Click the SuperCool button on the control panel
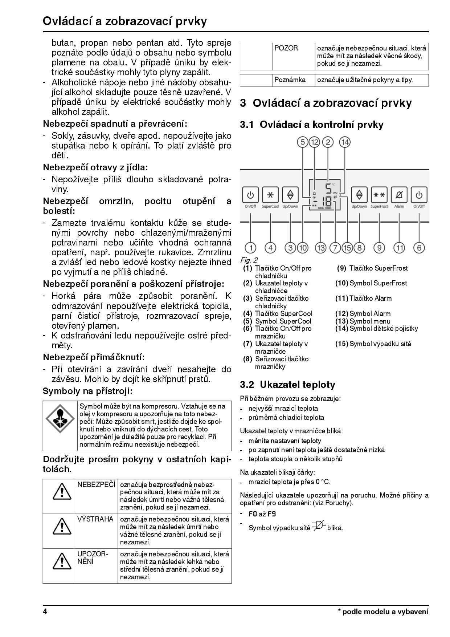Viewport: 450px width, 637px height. click(x=270, y=195)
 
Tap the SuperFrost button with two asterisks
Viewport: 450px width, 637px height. click(x=379, y=195)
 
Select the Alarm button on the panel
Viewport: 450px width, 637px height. click(x=399, y=195)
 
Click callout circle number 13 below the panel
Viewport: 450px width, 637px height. click(x=320, y=248)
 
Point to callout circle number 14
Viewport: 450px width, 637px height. click(x=344, y=142)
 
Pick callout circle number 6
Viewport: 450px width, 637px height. click(x=419, y=248)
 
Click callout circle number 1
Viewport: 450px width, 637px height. click(x=251, y=248)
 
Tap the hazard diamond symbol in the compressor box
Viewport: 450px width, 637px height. click(x=60, y=418)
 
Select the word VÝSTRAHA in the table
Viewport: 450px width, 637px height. click(x=95, y=519)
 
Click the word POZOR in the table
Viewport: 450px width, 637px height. click(x=286, y=48)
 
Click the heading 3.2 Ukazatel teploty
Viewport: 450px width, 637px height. click(x=287, y=385)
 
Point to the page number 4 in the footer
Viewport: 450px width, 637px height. click(x=45, y=612)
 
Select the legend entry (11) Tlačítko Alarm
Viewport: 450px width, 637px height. click(x=364, y=299)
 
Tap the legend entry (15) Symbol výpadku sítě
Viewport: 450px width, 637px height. click(x=373, y=344)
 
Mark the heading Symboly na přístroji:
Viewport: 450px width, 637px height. click(x=87, y=391)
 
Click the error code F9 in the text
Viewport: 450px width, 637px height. click(x=272, y=514)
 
